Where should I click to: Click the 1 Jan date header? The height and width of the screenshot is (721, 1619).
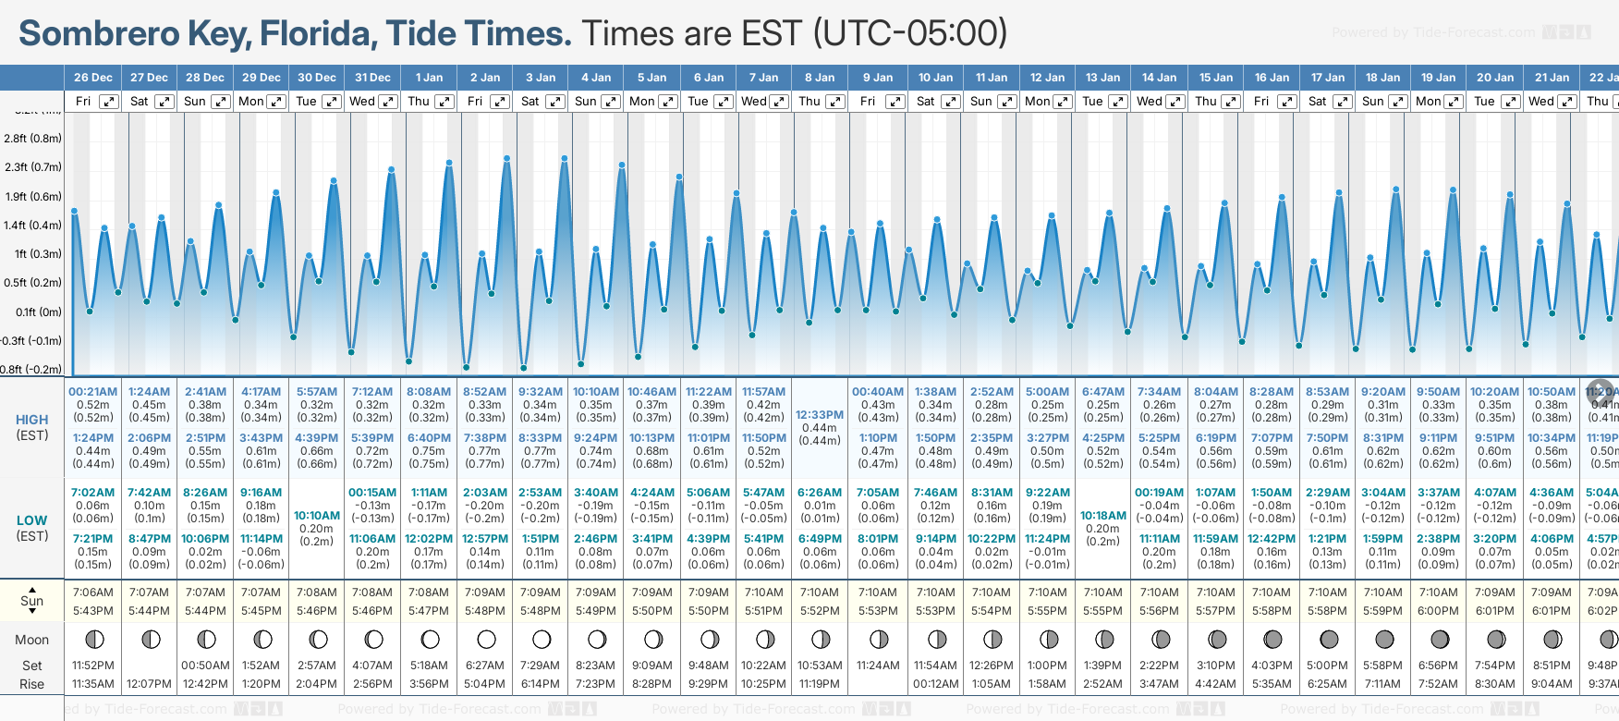coord(429,78)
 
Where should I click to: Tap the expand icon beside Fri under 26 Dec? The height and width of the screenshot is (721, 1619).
coord(109,102)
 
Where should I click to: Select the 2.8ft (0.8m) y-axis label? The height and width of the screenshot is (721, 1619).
coord(32,139)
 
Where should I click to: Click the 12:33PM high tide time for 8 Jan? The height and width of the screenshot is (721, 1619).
coord(819,415)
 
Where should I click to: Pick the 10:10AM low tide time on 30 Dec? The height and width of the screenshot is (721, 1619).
coord(317,516)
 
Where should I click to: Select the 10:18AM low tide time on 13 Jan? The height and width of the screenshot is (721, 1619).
coord(1103,516)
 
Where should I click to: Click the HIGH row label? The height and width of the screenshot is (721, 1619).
coord(31,420)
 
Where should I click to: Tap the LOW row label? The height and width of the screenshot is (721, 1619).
coord(31,520)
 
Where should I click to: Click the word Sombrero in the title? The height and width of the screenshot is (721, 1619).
coord(99,34)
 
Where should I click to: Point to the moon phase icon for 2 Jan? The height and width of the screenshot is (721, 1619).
coord(486,640)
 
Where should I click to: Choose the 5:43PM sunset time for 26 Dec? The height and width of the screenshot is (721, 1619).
coord(92,611)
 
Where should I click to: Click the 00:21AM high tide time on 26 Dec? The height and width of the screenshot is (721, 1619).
coord(92,392)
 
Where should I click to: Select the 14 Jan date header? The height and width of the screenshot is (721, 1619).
coord(1159,78)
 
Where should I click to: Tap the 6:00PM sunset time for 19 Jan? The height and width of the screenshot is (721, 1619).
coord(1438,611)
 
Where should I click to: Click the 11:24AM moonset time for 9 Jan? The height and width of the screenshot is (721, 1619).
coord(878,666)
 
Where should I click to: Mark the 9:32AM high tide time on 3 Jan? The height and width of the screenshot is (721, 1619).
coord(541,392)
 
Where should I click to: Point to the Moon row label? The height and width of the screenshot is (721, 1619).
coord(31,640)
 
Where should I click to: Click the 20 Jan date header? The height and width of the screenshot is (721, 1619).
coord(1495,78)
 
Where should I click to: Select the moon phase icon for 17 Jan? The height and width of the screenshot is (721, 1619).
coord(1329,640)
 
